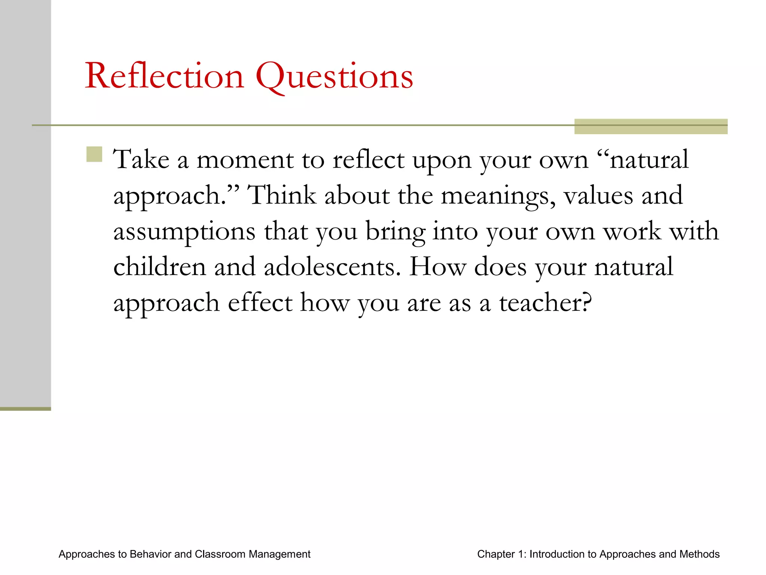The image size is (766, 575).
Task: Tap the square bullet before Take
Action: click(x=94, y=154)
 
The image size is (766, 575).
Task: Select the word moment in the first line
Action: click(x=245, y=160)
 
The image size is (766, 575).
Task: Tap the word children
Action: click(x=159, y=267)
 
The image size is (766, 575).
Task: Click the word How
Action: click(x=437, y=267)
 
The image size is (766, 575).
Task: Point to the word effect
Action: click(x=260, y=302)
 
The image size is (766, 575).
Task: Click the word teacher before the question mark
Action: click(x=541, y=302)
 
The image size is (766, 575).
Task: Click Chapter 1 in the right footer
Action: click(x=501, y=554)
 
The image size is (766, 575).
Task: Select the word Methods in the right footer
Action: click(x=699, y=554)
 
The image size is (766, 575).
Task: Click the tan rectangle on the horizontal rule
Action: click(x=650, y=126)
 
